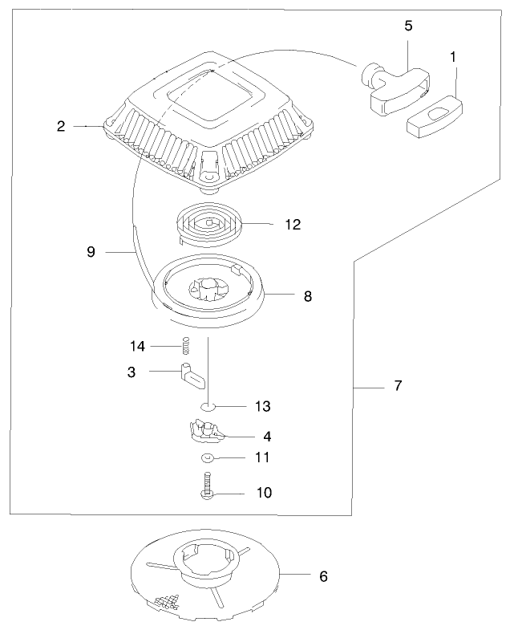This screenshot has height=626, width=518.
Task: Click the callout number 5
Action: click(408, 26)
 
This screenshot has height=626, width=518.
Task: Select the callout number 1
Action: click(454, 57)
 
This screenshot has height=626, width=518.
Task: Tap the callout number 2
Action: click(61, 126)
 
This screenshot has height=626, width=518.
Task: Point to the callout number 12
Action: click(292, 225)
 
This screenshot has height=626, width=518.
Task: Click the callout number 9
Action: click(91, 252)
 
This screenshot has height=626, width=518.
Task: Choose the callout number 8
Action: click(307, 296)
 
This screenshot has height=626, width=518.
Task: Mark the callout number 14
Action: click(138, 346)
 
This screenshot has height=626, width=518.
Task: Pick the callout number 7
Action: click(398, 386)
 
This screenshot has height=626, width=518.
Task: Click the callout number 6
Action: click(323, 575)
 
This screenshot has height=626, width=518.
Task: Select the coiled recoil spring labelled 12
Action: click(211, 222)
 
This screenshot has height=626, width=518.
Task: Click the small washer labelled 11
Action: click(206, 458)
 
